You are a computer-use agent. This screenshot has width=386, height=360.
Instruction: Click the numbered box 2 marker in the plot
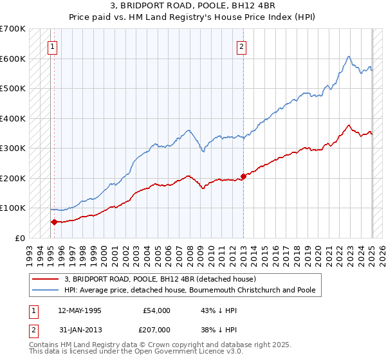[x=241, y=46]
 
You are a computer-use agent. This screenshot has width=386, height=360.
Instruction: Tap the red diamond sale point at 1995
[x=54, y=222]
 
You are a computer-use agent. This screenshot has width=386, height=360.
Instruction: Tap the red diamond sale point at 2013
[x=244, y=176]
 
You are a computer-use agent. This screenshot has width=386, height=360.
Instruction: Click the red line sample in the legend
[x=46, y=279]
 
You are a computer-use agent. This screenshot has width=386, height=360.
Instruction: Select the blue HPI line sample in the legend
[x=46, y=291]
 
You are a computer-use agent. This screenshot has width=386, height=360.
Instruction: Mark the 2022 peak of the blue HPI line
[x=348, y=57]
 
